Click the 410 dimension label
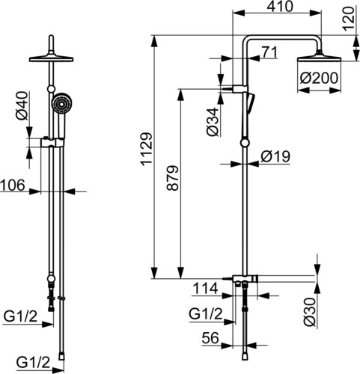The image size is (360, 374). pyautogui.click(x=280, y=7)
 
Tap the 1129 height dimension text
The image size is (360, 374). pyautogui.click(x=147, y=149)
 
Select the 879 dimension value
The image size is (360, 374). pyautogui.click(x=173, y=178)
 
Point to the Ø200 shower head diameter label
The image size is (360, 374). pyautogui.click(x=319, y=78)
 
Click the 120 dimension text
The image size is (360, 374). pyautogui.click(x=349, y=19)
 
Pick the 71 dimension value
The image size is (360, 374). pyautogui.click(x=269, y=52)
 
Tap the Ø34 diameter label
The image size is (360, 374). pyautogui.click(x=213, y=122)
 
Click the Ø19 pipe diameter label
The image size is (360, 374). pyautogui.click(x=275, y=156)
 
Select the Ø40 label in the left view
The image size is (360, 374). pyautogui.click(x=22, y=105)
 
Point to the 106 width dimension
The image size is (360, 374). pyautogui.click(x=13, y=186)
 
